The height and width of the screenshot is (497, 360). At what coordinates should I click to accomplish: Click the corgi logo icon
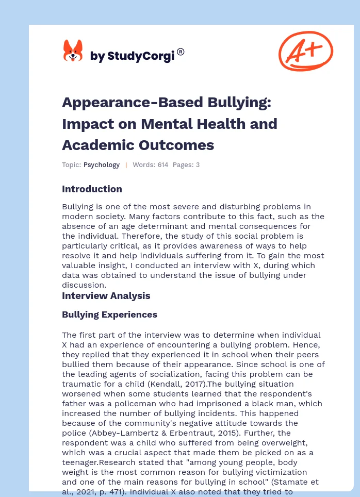click(73, 51)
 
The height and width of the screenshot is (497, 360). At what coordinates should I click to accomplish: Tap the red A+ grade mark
click(305, 51)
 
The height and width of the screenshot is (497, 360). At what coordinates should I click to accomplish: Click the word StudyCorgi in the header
click(139, 56)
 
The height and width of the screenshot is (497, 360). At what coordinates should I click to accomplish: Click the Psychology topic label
click(102, 165)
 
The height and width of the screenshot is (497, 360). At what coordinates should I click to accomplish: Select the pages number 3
click(198, 165)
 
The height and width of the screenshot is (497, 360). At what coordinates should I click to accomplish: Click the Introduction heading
click(92, 189)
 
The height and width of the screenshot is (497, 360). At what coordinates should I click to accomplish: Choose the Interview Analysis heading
click(106, 295)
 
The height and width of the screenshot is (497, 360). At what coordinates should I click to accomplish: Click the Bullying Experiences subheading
click(109, 314)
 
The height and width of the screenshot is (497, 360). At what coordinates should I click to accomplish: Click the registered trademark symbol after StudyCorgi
click(181, 52)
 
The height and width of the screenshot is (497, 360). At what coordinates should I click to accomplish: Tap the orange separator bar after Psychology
click(126, 165)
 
